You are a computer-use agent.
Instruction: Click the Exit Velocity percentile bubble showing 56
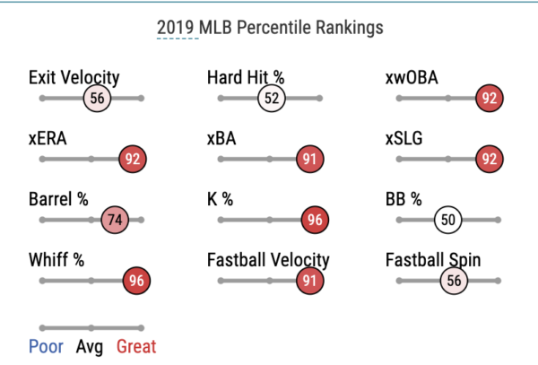(x=98, y=98)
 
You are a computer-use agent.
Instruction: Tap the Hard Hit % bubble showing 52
(x=272, y=98)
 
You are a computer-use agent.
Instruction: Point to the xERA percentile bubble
(x=133, y=159)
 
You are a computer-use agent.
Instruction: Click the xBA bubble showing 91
(x=309, y=159)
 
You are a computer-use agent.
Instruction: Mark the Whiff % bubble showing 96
(x=135, y=280)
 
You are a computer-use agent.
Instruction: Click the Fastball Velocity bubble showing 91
(x=309, y=280)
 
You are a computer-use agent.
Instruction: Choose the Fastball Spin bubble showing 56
(x=454, y=280)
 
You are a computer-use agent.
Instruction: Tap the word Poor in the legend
(x=46, y=346)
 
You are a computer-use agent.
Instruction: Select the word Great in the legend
(x=134, y=346)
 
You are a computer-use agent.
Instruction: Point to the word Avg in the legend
(x=90, y=346)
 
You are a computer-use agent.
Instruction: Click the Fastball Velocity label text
(x=268, y=261)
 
